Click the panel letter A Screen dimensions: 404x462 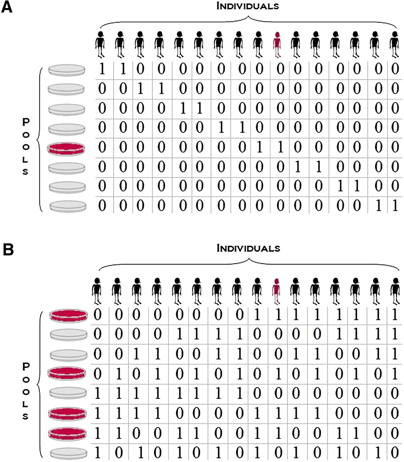click(x=7, y=8)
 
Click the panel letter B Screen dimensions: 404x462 click(x=8, y=250)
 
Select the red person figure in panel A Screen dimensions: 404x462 click(x=277, y=44)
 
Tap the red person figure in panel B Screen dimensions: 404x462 click(x=277, y=292)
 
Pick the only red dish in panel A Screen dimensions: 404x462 click(x=66, y=149)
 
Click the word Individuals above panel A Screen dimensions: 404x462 click(x=248, y=6)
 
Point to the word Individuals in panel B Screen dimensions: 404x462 click(x=248, y=248)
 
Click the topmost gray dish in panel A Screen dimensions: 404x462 click(x=67, y=70)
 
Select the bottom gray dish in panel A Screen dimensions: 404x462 click(x=68, y=206)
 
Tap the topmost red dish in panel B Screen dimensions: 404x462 click(x=69, y=316)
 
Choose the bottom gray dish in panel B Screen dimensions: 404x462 click(x=69, y=454)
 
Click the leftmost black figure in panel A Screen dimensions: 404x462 click(x=100, y=44)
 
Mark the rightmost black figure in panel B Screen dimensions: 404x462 click(x=395, y=292)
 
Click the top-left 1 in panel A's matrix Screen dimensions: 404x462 click(x=102, y=69)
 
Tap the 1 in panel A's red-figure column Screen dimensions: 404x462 click(x=280, y=147)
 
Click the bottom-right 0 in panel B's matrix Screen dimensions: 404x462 click(x=395, y=453)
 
